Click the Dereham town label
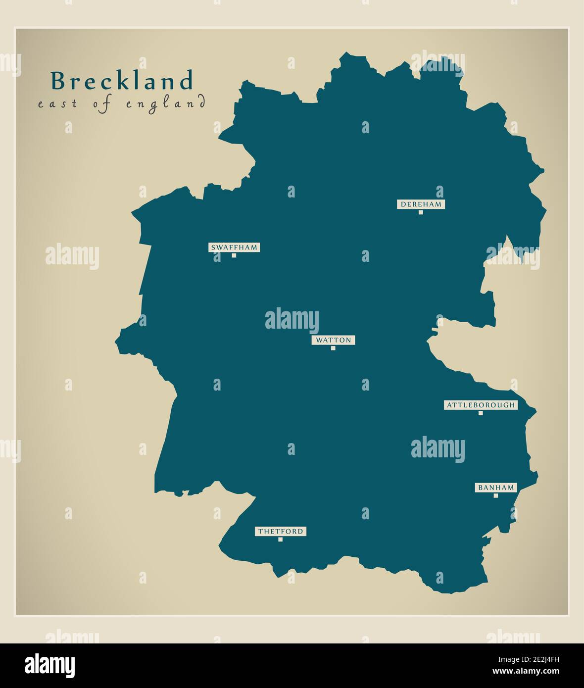(421, 204)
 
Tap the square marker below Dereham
(421, 212)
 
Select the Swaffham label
(234, 247)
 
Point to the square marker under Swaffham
(234, 255)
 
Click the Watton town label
(334, 340)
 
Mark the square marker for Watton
(333, 348)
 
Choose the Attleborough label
(481, 405)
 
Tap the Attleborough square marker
(481, 413)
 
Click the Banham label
(496, 488)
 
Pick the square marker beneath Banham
(496, 495)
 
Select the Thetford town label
(281, 532)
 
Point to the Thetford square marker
(280, 540)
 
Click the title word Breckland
(122, 81)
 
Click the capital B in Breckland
(58, 81)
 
